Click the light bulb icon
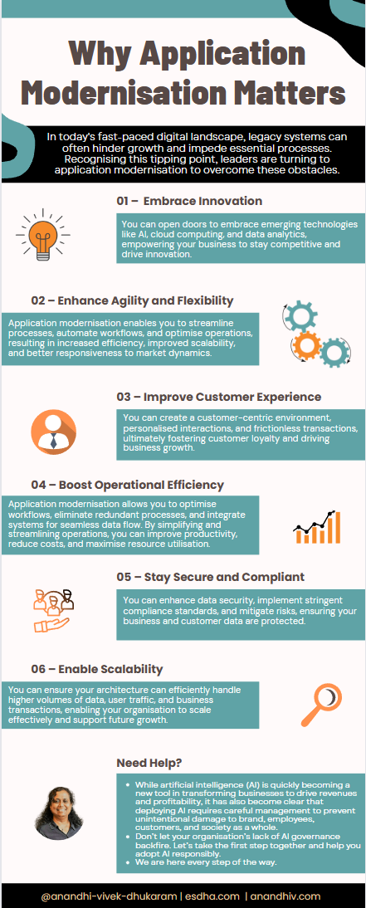(43, 235)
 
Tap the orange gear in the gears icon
(308, 346)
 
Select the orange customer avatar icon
(53, 432)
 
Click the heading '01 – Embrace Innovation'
(189, 201)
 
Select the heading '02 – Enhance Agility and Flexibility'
(132, 300)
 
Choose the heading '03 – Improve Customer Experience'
(219, 398)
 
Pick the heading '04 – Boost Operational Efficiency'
(128, 484)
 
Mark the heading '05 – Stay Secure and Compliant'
(211, 577)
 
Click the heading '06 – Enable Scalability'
(97, 669)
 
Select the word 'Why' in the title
(95, 55)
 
